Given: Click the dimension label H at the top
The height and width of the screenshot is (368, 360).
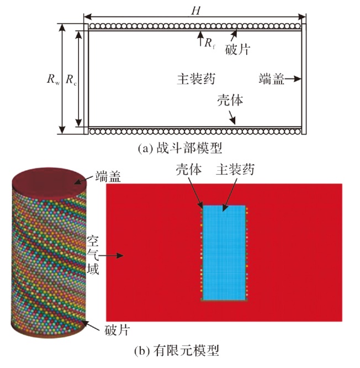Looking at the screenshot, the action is tap(196, 10).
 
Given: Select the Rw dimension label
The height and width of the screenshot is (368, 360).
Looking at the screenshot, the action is tap(53, 79).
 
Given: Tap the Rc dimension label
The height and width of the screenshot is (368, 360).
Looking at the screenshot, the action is tap(71, 79).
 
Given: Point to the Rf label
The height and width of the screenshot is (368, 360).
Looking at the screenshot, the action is tap(209, 43).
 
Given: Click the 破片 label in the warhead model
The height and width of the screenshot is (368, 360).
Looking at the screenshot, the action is tap(237, 49).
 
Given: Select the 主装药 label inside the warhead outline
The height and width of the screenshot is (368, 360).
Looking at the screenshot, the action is tap(196, 78).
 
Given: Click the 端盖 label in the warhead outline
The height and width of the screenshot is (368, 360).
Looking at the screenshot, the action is tap(271, 78).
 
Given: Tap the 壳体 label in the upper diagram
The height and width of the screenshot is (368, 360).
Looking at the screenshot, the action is tap(230, 100).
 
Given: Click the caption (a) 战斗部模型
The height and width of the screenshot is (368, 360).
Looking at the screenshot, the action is tap(179, 148).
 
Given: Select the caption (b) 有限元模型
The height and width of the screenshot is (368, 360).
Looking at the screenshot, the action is tap(177, 350).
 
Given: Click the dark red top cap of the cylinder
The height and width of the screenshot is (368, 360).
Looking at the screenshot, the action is tap(49, 182).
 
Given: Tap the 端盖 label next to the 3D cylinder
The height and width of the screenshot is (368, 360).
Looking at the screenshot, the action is tap(108, 176).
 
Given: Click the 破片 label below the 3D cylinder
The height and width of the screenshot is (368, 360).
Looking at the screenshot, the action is tap(117, 330).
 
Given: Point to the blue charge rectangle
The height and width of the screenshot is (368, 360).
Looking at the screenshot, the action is tap(224, 253).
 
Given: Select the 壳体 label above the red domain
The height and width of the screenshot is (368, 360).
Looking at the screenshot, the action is tap(189, 169).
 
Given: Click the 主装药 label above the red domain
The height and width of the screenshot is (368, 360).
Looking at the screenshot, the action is tap(235, 169).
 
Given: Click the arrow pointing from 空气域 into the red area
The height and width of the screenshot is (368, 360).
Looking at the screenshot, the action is tap(111, 255).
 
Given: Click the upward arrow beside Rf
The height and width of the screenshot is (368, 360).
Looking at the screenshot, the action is tap(200, 39).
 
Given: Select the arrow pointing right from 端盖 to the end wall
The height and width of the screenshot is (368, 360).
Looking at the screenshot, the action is tap(293, 79).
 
